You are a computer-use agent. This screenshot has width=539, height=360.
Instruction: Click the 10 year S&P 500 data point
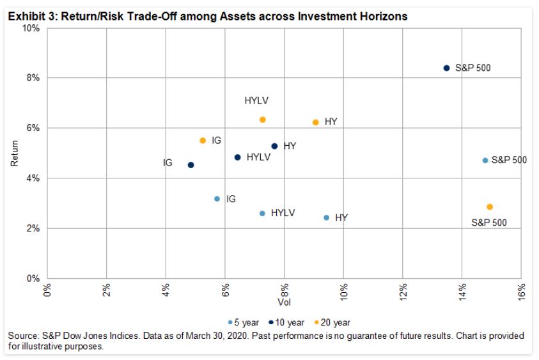click(x=447, y=68)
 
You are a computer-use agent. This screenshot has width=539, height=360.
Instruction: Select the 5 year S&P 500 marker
click(x=485, y=160)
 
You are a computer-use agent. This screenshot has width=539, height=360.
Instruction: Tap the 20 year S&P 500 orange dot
click(x=490, y=207)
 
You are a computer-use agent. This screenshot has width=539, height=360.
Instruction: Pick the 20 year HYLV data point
click(x=262, y=120)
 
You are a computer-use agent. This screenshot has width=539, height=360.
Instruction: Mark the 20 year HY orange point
click(x=315, y=122)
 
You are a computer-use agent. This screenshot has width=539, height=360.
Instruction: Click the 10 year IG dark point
click(x=191, y=165)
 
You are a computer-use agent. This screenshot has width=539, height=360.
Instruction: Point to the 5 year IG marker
click(x=217, y=199)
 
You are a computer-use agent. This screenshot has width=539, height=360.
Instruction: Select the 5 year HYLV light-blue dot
click(x=262, y=213)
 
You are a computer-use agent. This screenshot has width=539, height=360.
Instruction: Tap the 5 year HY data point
click(x=326, y=217)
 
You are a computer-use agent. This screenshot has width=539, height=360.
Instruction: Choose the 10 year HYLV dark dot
click(x=238, y=157)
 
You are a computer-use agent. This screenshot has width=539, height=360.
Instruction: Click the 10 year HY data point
click(x=274, y=146)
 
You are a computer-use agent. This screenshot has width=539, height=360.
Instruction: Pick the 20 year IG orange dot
click(x=203, y=140)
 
